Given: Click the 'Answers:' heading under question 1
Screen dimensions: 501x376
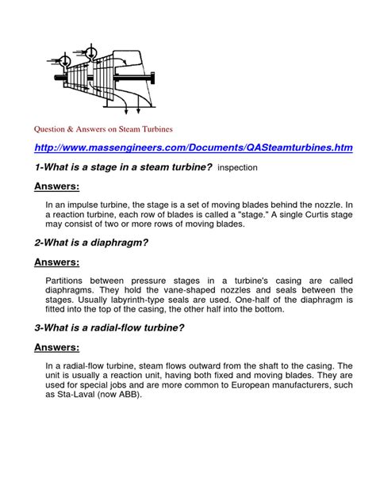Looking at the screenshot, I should click(57, 186).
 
